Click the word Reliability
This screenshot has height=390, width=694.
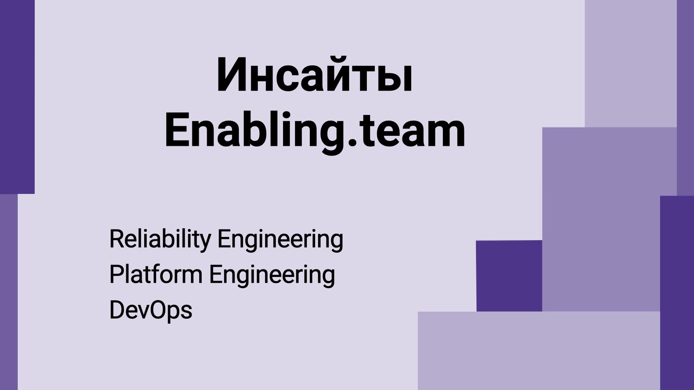coord(160,239)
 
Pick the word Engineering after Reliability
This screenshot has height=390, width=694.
coord(280,239)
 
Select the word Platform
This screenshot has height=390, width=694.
coord(156,275)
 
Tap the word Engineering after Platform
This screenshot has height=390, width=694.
coord(272,275)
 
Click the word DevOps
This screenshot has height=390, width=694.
coord(151,310)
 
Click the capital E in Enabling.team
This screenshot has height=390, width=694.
coord(177,131)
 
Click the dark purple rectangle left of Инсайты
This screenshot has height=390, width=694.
coord(17,97)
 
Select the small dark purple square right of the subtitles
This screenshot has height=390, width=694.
coord(509,276)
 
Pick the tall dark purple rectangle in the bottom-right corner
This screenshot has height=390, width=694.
coord(677,293)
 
